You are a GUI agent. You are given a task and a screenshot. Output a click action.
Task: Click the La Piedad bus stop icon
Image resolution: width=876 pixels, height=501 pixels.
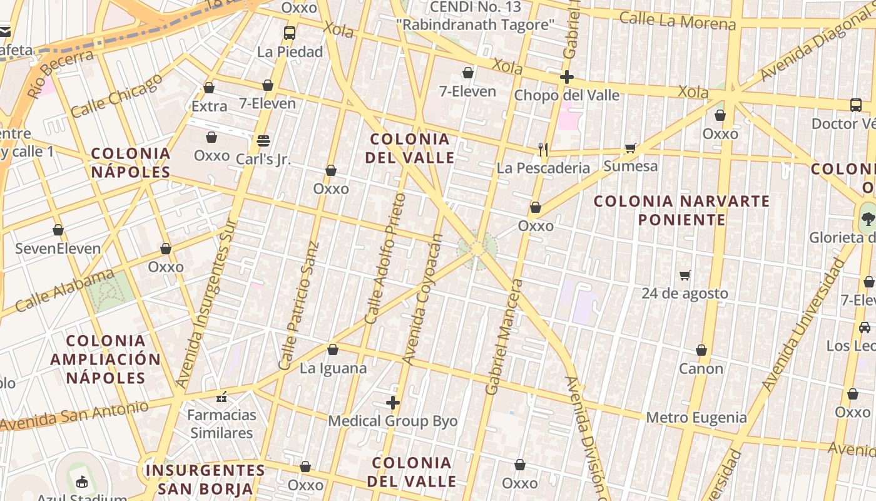289,33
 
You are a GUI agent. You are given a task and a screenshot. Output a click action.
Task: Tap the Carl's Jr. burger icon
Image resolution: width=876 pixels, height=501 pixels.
263,140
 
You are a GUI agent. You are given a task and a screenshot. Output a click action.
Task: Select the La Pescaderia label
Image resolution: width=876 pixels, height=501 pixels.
543,168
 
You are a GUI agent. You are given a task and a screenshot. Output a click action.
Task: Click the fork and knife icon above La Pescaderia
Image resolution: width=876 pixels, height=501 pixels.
543,149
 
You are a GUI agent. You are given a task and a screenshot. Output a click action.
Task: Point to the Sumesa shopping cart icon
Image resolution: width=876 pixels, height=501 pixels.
630,148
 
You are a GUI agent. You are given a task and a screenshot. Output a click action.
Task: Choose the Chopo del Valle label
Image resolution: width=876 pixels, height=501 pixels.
566,95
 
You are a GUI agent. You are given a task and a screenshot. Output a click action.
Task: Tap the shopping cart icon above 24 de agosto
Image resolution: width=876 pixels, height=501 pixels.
685,275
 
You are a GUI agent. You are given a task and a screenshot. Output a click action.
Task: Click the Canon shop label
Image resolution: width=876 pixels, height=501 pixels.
701,368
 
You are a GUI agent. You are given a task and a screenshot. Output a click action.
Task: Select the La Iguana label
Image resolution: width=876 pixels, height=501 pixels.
333,368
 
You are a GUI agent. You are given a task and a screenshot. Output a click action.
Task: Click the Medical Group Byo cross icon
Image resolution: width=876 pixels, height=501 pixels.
393,403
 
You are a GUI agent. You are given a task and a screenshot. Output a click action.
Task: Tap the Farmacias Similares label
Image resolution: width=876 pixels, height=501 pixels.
222,423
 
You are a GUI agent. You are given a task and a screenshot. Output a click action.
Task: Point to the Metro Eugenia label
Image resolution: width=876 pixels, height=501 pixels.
696,417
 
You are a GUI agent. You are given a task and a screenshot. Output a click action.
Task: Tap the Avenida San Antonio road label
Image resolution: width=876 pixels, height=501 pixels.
75,415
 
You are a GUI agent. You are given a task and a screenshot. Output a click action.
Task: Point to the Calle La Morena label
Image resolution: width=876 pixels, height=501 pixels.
677,21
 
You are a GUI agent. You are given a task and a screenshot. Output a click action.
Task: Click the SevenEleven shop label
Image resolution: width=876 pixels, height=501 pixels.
58,249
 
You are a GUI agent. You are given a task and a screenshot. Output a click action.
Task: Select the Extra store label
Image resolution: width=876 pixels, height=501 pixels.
209,106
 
